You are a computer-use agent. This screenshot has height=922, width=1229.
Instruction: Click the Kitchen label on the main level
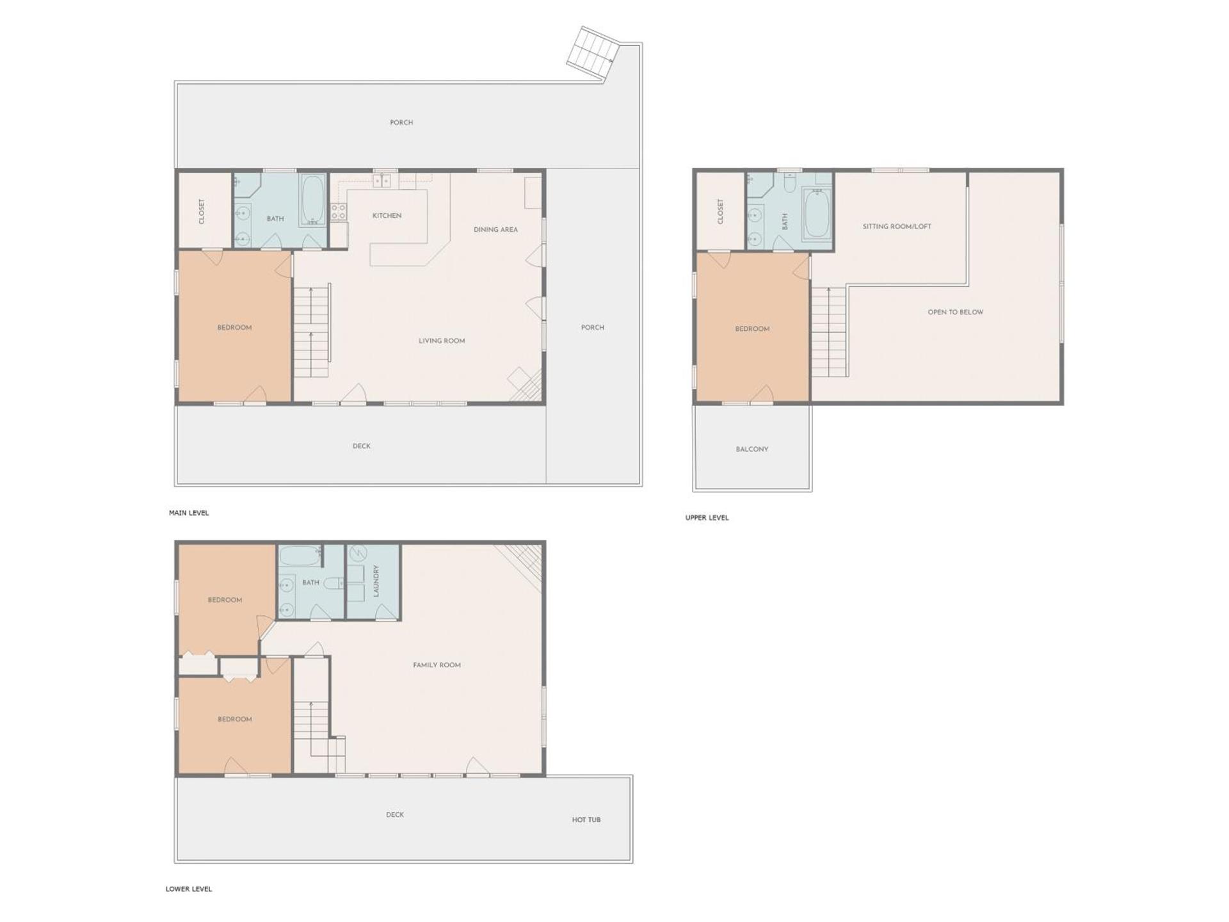pyautogui.click(x=387, y=216)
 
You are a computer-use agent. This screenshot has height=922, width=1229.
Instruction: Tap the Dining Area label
pyautogui.click(x=495, y=229)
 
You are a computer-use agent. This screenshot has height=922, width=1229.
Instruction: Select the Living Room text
pyautogui.click(x=442, y=341)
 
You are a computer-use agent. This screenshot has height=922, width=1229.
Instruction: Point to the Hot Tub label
pyautogui.click(x=586, y=820)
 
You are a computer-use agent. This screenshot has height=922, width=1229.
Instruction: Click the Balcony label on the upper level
pyautogui.click(x=751, y=449)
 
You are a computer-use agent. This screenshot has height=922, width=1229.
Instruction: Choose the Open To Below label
pyautogui.click(x=955, y=312)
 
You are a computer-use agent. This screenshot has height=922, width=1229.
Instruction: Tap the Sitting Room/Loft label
pyautogui.click(x=896, y=226)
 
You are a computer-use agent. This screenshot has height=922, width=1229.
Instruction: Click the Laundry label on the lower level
pyautogui.click(x=376, y=581)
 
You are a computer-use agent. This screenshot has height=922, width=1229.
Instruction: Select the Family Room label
pyautogui.click(x=437, y=665)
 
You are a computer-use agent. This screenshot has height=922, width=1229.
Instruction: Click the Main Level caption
pyautogui.click(x=189, y=513)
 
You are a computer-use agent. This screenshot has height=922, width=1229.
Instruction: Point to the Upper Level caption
pyautogui.click(x=707, y=517)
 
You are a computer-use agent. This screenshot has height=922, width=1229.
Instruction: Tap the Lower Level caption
pyautogui.click(x=189, y=889)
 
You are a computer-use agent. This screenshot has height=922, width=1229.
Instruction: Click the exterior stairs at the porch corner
pyautogui.click(x=593, y=54)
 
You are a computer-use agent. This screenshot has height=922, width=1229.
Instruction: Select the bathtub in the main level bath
pyautogui.click(x=313, y=200)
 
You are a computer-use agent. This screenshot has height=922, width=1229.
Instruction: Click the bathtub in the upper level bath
pyautogui.click(x=816, y=212)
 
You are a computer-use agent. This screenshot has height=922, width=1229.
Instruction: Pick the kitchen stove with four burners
pyautogui.click(x=339, y=212)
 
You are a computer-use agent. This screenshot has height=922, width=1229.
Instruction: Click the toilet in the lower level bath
pyautogui.click(x=332, y=583)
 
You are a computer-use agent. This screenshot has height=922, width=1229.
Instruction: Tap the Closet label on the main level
pyautogui.click(x=202, y=211)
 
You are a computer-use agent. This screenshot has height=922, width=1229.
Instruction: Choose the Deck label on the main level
pyautogui.click(x=361, y=446)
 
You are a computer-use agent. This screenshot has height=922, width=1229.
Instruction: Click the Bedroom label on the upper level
pyautogui.click(x=752, y=328)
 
